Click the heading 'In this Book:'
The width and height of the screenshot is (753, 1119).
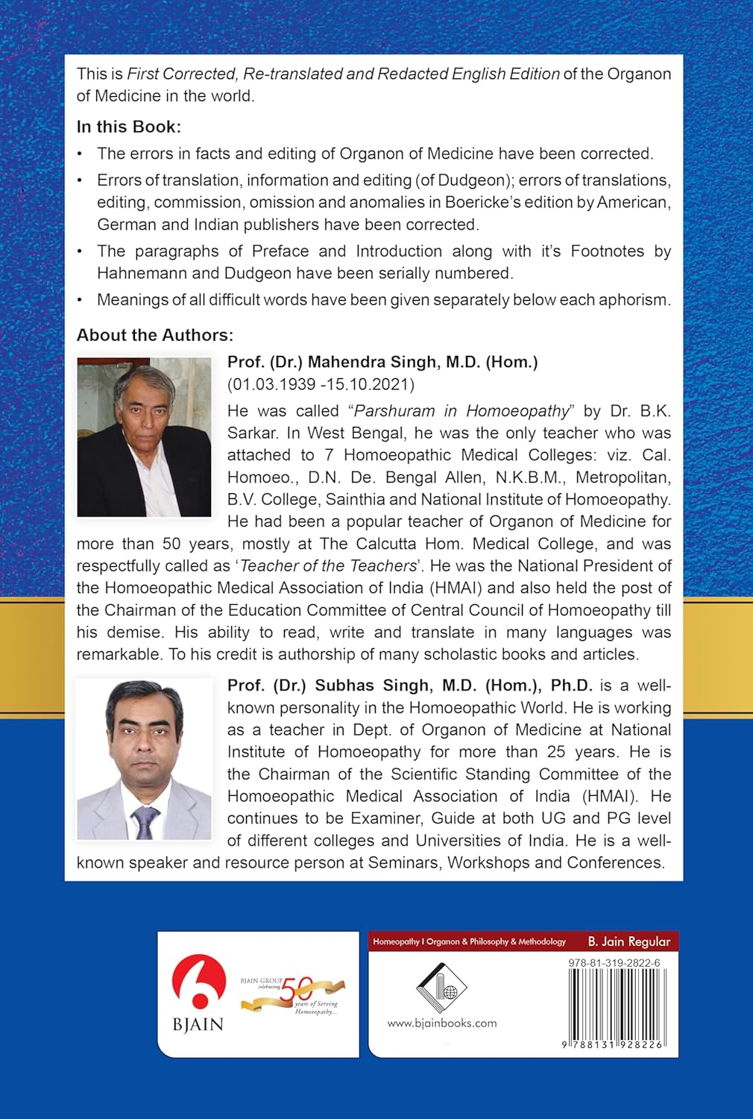129,127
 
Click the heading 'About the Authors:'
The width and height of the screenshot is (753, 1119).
155,335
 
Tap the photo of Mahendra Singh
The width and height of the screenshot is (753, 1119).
144,436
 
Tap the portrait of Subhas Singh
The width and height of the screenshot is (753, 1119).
144,759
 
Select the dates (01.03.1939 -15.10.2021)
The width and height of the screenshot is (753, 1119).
321,385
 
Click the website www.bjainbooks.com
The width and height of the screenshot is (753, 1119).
441,1024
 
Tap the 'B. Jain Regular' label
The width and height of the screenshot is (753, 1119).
628,941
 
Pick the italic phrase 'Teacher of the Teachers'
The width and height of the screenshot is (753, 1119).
328,566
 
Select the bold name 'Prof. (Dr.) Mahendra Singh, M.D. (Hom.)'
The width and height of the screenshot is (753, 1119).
382,363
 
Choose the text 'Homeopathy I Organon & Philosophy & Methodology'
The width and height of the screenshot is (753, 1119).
470,941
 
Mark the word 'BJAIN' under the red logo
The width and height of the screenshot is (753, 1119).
198,1024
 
